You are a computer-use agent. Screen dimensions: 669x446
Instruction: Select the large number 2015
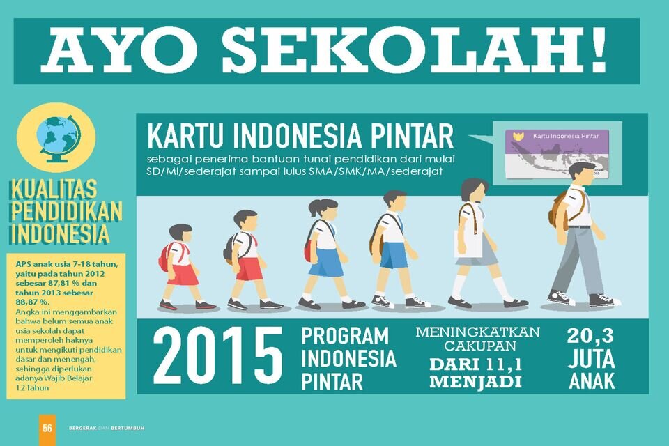point(217,355)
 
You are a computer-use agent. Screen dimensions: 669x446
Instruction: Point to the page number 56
point(47,428)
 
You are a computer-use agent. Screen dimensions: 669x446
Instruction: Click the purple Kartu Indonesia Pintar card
point(557,153)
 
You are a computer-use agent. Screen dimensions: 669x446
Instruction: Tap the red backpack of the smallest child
point(164,256)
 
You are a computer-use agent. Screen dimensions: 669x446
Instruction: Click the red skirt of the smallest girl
point(183,275)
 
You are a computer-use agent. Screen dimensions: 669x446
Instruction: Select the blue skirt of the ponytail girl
point(325,262)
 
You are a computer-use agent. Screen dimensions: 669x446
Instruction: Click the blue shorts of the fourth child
point(394,255)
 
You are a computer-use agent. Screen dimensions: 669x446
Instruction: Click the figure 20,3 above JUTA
point(590,337)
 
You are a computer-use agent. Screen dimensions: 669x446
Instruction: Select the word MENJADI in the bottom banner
point(475,381)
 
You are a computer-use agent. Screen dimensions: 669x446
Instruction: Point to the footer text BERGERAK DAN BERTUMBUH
point(107,428)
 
